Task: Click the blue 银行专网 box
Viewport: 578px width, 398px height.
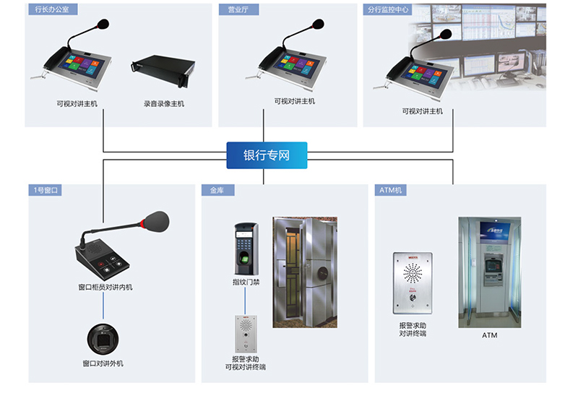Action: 267,155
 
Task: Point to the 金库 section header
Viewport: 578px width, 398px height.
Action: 217,191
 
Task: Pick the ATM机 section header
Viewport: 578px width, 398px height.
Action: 392,191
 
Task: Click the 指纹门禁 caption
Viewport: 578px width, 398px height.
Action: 246,282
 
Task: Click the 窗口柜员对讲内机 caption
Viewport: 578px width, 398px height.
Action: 105,287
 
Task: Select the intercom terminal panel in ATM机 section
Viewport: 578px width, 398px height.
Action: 412,282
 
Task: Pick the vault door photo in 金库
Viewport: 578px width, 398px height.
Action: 304,271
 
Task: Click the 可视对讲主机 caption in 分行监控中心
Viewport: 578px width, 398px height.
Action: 423,111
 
